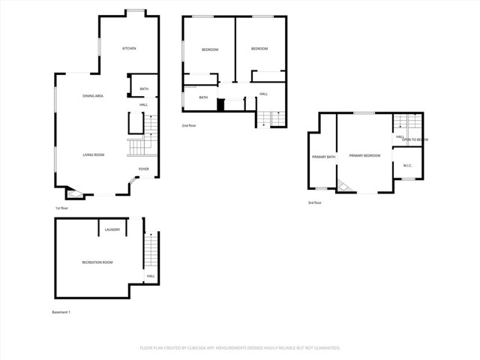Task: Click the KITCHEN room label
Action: click(129, 49)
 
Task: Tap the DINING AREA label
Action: click(93, 97)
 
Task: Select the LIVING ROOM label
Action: click(93, 155)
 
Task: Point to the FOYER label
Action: click(143, 169)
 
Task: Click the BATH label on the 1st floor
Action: click(144, 89)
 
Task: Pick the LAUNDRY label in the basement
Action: click(112, 229)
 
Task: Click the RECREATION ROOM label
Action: click(97, 262)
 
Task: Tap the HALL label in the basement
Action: click(151, 276)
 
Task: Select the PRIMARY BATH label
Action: click(323, 156)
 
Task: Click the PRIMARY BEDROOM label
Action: click(364, 155)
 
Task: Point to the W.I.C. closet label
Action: click(407, 166)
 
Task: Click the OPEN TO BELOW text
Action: click(415, 140)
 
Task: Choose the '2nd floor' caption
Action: click(189, 126)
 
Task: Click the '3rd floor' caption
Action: click(315, 202)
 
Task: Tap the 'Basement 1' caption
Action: click(61, 311)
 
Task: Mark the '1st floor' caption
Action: click(62, 208)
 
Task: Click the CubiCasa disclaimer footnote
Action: click(240, 348)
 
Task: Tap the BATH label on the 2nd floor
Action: click(203, 97)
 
